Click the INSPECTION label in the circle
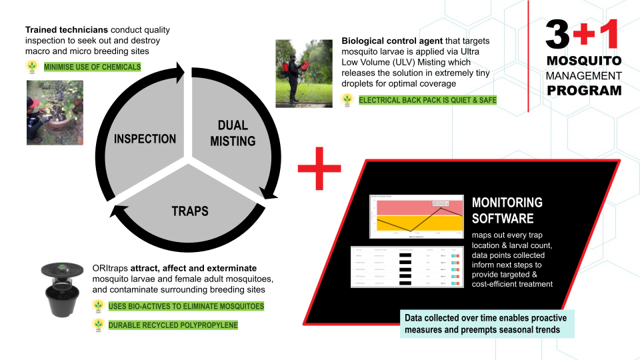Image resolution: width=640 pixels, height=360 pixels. coord(145,139)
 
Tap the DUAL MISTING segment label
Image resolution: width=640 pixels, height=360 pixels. coord(233,133)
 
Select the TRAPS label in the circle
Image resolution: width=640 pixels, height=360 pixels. coord(190,211)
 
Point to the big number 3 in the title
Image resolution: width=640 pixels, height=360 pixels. coord(558,35)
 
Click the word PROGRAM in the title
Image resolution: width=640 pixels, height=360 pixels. coord(584,90)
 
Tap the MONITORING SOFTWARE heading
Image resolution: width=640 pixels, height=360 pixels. coord(507,210)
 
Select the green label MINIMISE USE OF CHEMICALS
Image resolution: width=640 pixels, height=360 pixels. coord(92,67)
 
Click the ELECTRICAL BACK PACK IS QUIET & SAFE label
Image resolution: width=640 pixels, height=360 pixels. coord(427,100)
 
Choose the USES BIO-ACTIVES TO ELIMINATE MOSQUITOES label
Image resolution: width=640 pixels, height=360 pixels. coord(186,306)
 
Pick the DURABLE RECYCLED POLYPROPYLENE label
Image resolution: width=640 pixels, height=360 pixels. coord(173,325)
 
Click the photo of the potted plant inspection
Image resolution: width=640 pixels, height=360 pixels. coord(55,113)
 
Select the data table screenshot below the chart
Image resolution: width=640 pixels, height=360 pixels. coord(406,267)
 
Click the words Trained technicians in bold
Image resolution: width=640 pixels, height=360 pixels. coord(67,30)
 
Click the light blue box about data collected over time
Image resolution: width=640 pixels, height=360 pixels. coord(487,323)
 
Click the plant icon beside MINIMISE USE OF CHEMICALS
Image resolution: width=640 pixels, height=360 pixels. coord(32,67)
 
